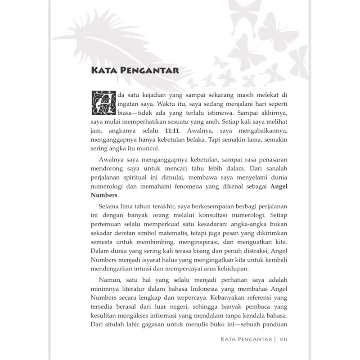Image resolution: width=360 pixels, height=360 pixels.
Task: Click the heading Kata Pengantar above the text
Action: tap(135, 71)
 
